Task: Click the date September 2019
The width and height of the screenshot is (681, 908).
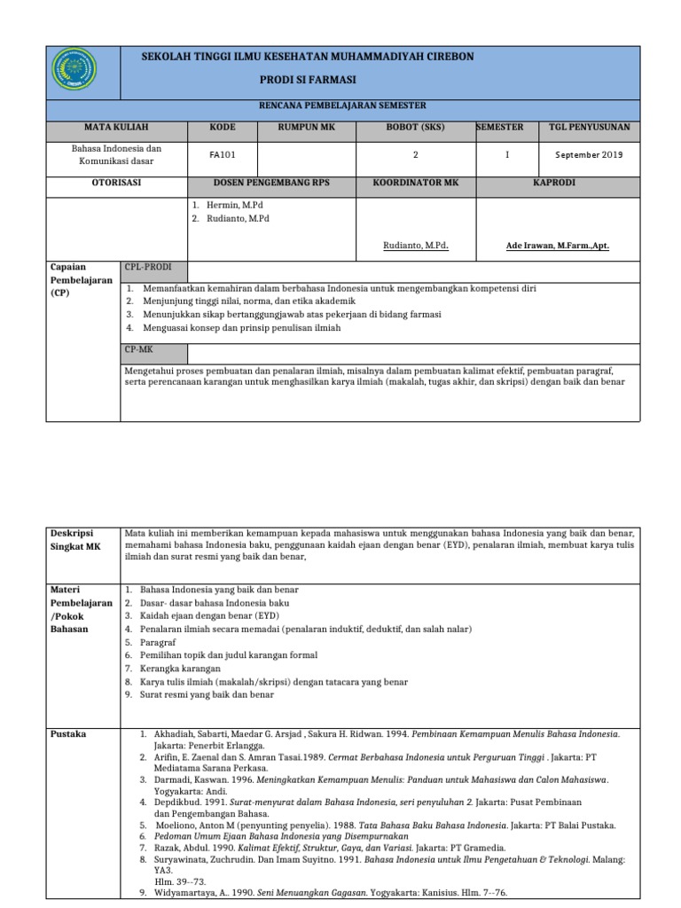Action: [589, 153]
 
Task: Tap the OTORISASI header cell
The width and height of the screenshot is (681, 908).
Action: [116, 184]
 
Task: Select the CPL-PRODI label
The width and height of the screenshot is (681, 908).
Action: [147, 267]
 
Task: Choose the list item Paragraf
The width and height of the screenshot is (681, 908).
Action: [158, 642]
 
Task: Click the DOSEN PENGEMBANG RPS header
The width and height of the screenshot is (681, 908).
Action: [271, 184]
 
